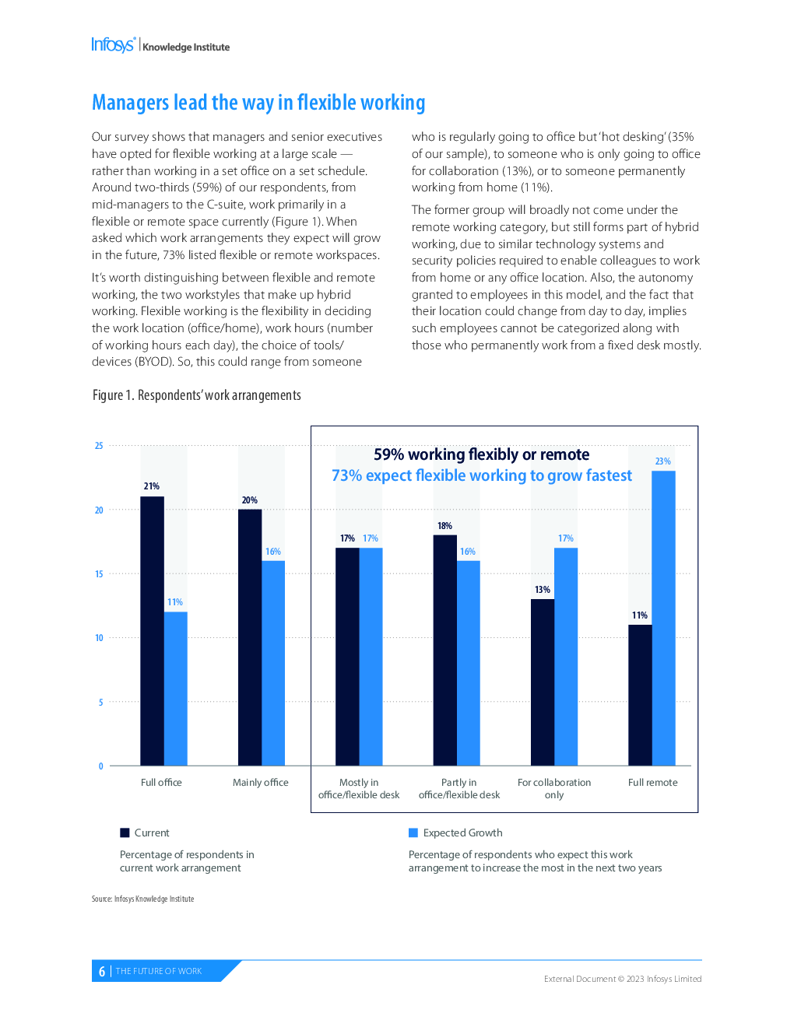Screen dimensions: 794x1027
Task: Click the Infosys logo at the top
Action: (x=114, y=45)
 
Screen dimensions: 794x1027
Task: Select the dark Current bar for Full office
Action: (x=153, y=630)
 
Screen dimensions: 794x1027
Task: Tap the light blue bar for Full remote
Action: (x=663, y=618)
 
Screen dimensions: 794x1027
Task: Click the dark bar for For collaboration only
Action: (x=543, y=682)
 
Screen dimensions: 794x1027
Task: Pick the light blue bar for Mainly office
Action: (x=273, y=663)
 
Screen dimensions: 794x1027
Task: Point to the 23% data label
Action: (x=662, y=461)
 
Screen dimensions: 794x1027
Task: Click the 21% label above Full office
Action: (x=151, y=485)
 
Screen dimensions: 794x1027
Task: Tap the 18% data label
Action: (x=444, y=525)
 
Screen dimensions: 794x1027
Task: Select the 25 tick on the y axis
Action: (x=99, y=446)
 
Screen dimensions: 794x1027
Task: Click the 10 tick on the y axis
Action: (x=99, y=638)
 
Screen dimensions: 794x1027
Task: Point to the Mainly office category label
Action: (x=260, y=782)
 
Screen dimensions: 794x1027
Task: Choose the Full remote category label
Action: (x=652, y=782)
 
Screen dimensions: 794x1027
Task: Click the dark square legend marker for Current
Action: (x=125, y=832)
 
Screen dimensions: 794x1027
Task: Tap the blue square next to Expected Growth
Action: (x=413, y=832)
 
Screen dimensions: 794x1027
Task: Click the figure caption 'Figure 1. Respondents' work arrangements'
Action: (x=197, y=394)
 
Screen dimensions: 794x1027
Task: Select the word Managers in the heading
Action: (x=130, y=103)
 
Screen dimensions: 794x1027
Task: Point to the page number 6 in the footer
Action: (x=102, y=971)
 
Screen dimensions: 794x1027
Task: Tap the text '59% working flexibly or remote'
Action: (x=481, y=454)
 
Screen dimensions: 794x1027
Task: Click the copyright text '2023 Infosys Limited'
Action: (x=664, y=979)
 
